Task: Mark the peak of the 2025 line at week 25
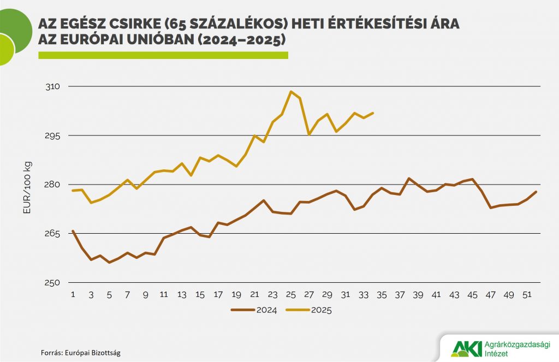tap(291, 92)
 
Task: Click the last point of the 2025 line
tap(373, 113)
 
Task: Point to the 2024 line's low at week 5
tap(109, 263)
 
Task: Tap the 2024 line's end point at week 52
tap(537, 192)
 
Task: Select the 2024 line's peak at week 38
tap(409, 179)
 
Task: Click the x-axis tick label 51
tap(527, 295)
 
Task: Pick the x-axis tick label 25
tap(290, 295)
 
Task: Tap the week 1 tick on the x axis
tap(73, 295)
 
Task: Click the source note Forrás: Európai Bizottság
tap(81, 353)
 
